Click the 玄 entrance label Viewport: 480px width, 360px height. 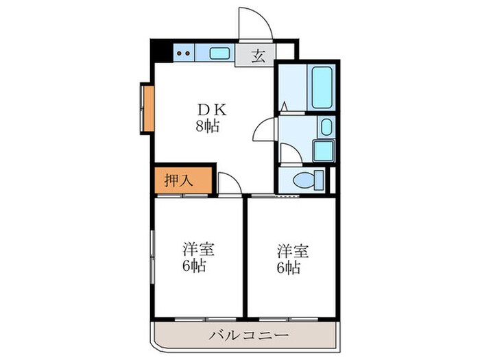click(258, 57)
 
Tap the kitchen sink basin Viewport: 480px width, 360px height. click(219, 52)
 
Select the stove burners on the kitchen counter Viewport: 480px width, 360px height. click(182, 52)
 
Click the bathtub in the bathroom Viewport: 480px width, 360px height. click(322, 88)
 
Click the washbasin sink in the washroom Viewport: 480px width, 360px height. click(326, 127)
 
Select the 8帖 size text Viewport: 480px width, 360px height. click(206, 125)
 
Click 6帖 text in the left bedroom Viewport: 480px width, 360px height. click(196, 266)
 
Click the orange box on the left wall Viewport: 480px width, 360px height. click(147, 108)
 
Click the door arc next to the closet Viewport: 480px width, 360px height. click(229, 183)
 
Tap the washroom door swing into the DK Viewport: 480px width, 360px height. click(263, 129)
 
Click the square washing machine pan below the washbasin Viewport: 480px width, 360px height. click(322, 150)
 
